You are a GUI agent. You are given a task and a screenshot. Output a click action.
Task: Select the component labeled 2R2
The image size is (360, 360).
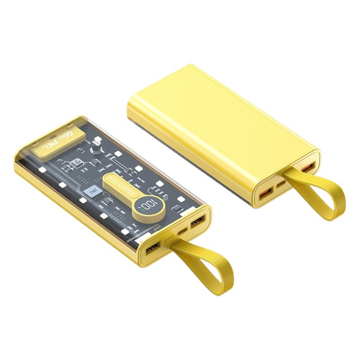coord(88,193)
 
